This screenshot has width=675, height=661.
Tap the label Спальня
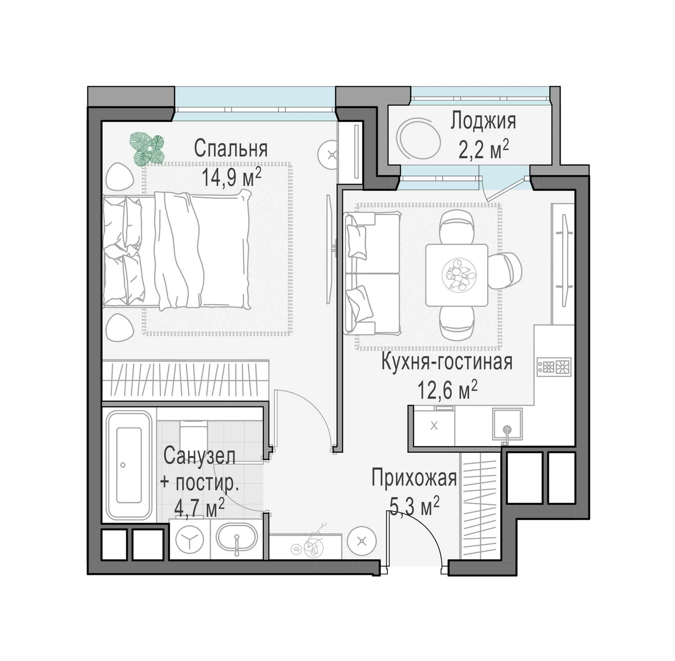tap(231, 148)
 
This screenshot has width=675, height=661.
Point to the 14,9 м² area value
tap(231, 177)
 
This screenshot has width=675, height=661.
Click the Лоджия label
tap(483, 121)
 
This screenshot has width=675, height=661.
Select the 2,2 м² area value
tap(483, 149)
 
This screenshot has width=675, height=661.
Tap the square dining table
tap(456, 275)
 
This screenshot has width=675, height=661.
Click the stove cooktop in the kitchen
tap(554, 367)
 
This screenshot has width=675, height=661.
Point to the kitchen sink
tap(507, 424)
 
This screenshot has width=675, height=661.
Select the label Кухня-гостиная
tap(447, 362)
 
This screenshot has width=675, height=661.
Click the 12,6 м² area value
tap(447, 390)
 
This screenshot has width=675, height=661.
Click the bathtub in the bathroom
tap(129, 465)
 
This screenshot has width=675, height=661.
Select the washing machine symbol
tap(190, 540)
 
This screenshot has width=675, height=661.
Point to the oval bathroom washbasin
tap(237, 540)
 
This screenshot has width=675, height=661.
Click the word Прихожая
tap(414, 478)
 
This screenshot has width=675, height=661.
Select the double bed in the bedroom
tap(177, 250)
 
